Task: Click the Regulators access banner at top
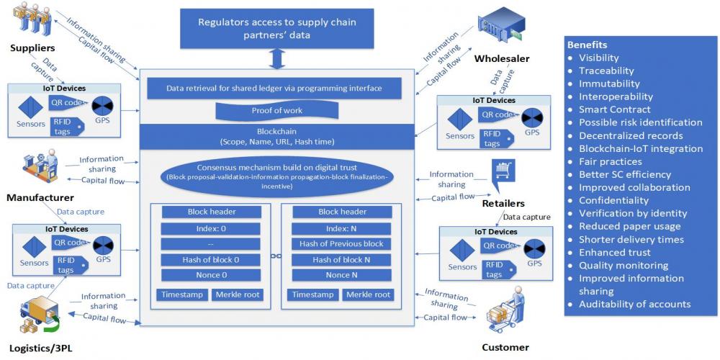[x=276, y=29]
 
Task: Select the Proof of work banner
[x=277, y=111]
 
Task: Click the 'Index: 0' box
[x=207, y=228]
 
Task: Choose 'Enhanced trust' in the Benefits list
[x=614, y=252]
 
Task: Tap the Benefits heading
[x=587, y=45]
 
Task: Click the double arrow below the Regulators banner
[x=276, y=58]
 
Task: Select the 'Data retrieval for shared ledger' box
[x=274, y=89]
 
